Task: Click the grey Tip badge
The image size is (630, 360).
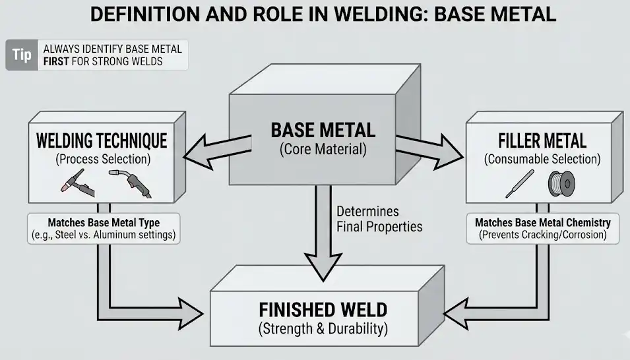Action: [22, 55]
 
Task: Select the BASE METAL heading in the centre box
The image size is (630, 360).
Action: [323, 130]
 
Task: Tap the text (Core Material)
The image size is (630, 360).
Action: [323, 149]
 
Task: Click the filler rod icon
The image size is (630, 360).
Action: [516, 185]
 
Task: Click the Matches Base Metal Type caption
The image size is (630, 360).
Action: [103, 222]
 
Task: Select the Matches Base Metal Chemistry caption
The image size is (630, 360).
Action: [542, 222]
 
